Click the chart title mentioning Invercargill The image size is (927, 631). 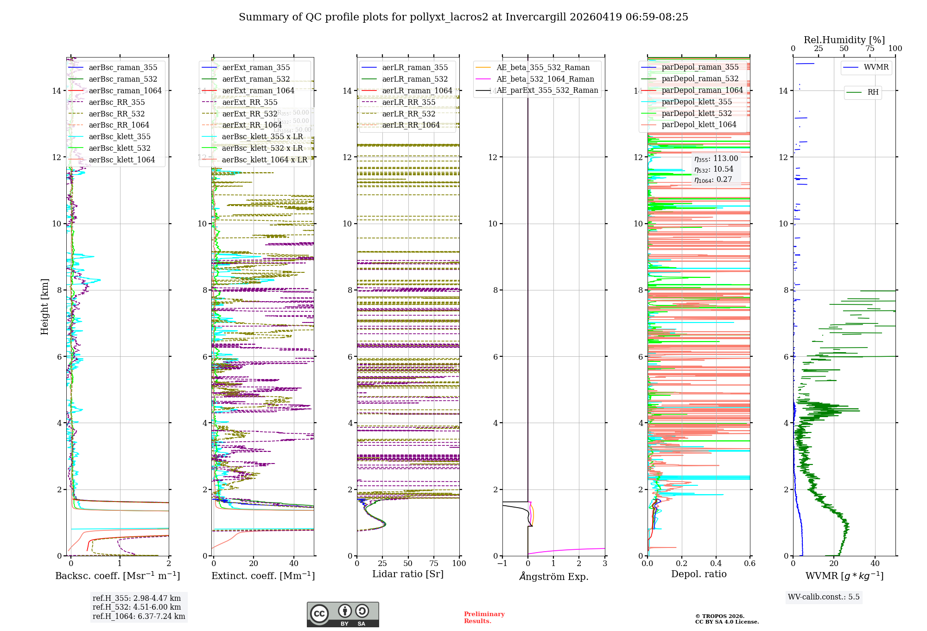point(463,17)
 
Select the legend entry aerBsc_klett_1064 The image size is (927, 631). point(121,160)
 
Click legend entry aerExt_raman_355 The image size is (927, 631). point(256,68)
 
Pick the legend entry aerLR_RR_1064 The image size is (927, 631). point(411,125)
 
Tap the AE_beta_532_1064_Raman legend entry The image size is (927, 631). point(545,79)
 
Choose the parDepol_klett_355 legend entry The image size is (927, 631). point(697,102)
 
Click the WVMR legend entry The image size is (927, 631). point(876,67)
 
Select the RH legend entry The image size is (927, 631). point(873,92)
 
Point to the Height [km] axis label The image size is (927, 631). point(44,307)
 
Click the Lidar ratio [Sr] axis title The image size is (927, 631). point(408,574)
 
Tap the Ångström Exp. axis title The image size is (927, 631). point(553,577)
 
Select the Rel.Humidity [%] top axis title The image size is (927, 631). point(844,40)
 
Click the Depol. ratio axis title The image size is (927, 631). point(698,574)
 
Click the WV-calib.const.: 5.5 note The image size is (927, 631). point(824,597)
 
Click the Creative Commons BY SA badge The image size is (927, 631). point(343,614)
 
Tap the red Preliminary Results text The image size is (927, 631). point(484,618)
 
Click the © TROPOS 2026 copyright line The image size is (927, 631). point(720,617)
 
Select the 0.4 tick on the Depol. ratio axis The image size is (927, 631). point(716,564)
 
